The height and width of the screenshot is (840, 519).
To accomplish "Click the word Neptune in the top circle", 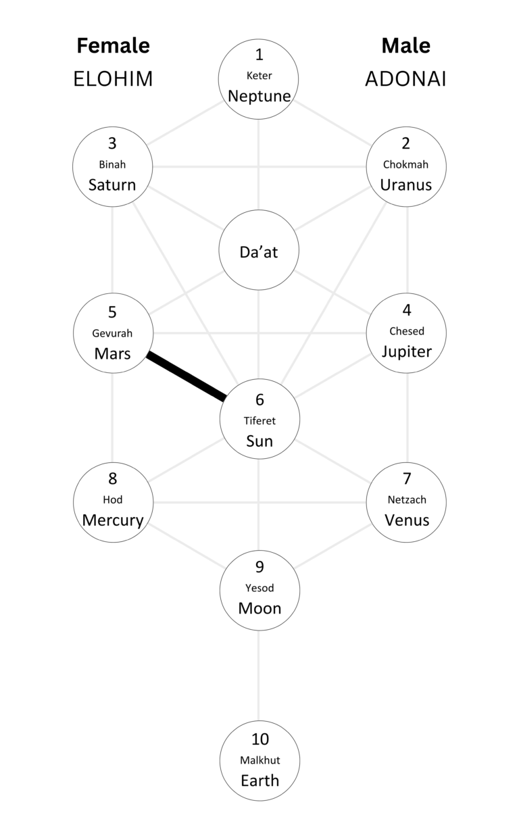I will (259, 96).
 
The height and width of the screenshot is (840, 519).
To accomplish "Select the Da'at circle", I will (259, 251).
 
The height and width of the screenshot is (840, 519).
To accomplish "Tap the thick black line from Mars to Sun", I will (186, 376).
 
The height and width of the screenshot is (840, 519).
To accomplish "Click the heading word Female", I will (113, 46).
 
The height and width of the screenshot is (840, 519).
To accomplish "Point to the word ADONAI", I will (405, 79).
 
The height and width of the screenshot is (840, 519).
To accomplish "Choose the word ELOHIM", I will (113, 79).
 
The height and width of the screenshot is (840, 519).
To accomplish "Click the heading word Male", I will (405, 46).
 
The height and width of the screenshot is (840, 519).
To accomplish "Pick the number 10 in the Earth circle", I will (259, 739).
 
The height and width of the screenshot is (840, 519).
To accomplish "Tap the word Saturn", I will (112, 184).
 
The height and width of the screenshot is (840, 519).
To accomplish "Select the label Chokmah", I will (405, 164).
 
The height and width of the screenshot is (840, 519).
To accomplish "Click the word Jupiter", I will (406, 351).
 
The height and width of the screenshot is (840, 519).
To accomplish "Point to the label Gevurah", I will (112, 333).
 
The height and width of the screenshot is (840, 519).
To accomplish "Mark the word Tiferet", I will (259, 420).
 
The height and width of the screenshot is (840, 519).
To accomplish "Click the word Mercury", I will (113, 520).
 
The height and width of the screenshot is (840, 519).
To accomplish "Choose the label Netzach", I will (406, 500).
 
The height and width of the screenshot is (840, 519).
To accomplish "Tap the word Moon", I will (259, 608).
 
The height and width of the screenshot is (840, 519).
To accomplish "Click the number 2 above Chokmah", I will (405, 143).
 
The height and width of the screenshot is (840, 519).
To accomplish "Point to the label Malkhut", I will (259, 760).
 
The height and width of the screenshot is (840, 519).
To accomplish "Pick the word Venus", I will (406, 520).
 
